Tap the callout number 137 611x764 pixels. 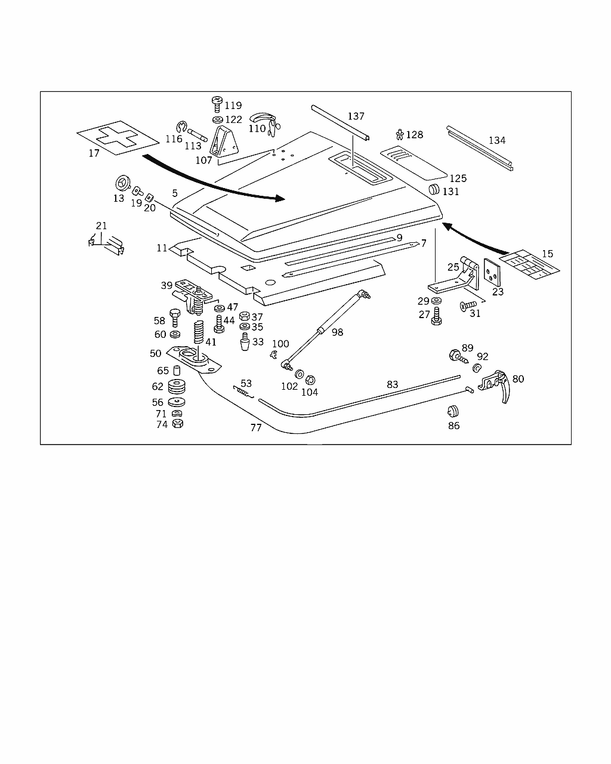point(356,116)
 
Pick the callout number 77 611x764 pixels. point(255,428)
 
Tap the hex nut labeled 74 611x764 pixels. point(177,424)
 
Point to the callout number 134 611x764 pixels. point(496,140)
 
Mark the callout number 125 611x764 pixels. point(458,178)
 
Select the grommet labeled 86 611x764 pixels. point(453,411)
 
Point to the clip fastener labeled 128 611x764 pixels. point(400,134)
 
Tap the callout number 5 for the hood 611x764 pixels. point(175,193)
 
